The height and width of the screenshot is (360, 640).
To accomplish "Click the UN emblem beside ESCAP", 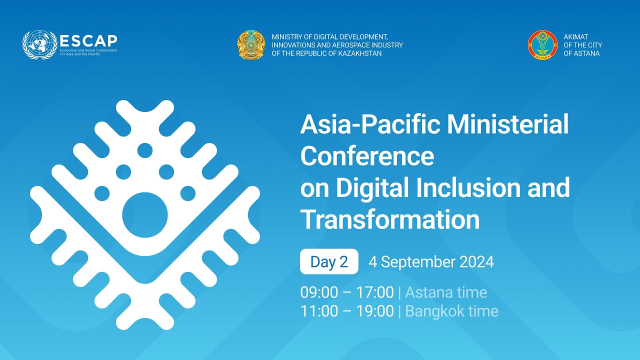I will [x=40, y=45].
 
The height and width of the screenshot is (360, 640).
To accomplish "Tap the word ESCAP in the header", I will [x=88, y=40].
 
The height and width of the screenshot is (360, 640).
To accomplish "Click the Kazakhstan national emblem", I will [x=251, y=45].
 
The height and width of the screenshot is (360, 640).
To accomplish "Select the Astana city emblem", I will [x=542, y=45].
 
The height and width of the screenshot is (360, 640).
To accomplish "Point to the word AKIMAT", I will [x=575, y=37].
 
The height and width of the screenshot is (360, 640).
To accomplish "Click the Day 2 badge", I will [x=329, y=261].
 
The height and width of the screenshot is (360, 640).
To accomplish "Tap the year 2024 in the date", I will [x=475, y=261].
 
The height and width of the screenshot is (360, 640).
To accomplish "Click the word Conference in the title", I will [x=367, y=156].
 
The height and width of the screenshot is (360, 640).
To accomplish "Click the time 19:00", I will [x=374, y=311].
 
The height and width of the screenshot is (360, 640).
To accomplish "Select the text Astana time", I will [x=445, y=292].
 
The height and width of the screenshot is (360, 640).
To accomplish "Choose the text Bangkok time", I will [x=451, y=311].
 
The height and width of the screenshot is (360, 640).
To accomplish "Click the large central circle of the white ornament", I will [x=145, y=215].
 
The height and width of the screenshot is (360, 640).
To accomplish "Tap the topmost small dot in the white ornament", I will [x=145, y=150].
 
